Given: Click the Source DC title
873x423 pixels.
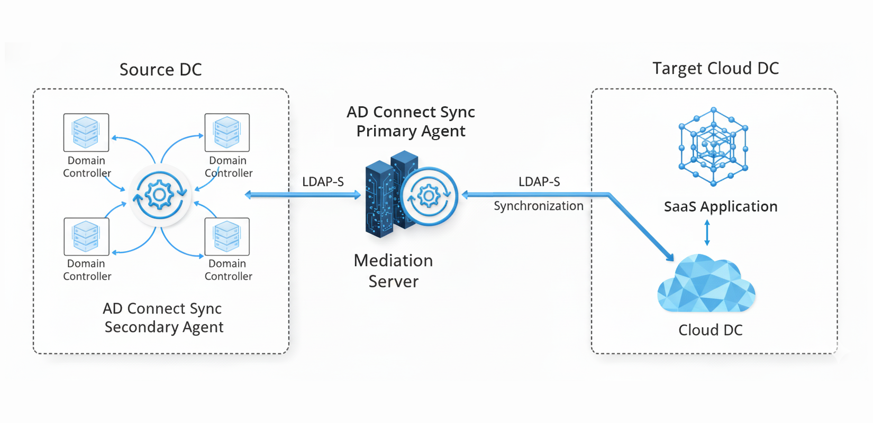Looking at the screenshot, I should [160, 70].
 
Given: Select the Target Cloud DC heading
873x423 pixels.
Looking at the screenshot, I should [715, 69].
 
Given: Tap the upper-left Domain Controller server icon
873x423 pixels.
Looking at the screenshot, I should [86, 132].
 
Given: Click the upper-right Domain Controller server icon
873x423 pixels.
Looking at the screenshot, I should [227, 132].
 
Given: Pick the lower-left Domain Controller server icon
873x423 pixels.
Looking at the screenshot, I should [86, 236].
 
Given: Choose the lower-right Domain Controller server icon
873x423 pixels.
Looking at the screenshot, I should [227, 236].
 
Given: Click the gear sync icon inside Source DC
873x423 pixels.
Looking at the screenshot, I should [159, 196].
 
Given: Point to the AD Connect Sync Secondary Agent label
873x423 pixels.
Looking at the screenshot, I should [163, 318].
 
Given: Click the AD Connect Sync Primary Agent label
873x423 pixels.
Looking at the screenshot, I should [411, 122].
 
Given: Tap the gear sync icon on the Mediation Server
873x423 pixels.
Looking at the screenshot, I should [429, 197].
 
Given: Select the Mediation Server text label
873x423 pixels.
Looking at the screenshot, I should [393, 271].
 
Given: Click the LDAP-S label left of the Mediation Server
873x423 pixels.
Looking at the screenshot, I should [323, 182].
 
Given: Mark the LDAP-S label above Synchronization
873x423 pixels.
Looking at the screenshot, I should [539, 182].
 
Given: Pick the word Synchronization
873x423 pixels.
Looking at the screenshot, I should [539, 206].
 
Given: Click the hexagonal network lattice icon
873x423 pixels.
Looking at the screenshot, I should [713, 146].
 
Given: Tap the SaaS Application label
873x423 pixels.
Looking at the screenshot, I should [721, 207].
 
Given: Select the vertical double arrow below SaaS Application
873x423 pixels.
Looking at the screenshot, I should [707, 233].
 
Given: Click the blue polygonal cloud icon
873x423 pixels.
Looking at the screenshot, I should [706, 284].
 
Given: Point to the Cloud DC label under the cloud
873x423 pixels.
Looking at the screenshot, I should [711, 330].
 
